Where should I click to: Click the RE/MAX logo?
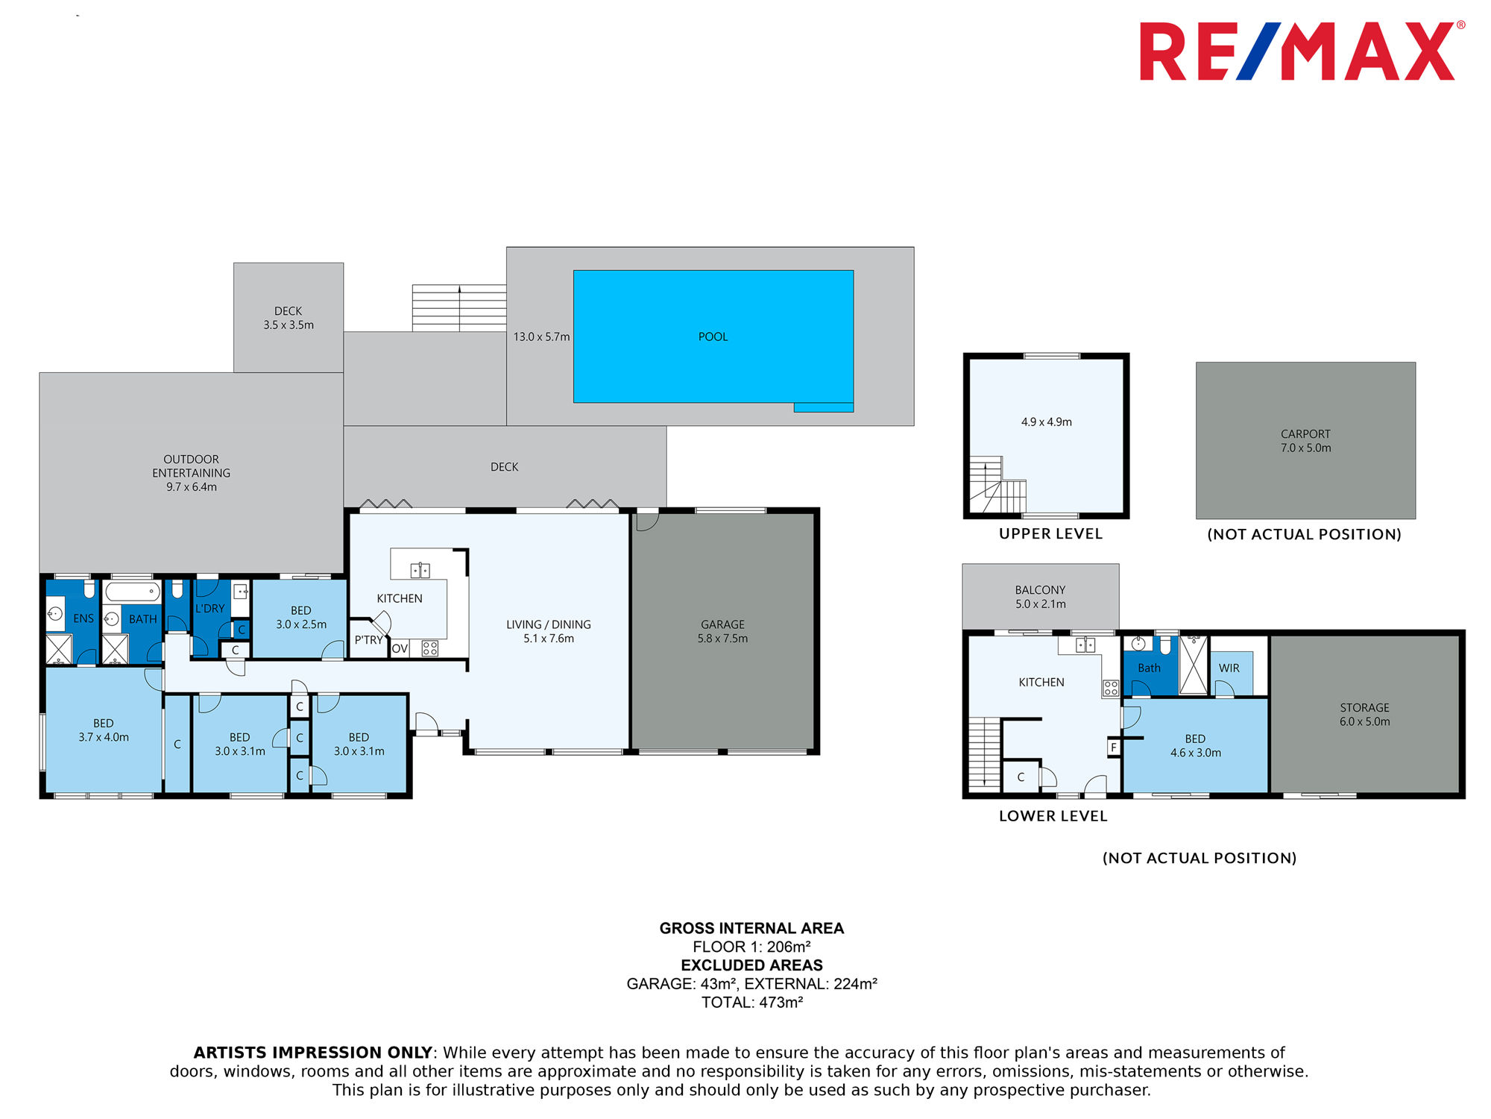[x=1302, y=51]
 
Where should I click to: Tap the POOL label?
[x=713, y=337]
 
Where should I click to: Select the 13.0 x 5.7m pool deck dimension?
[x=541, y=337]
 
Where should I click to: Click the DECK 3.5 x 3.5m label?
[x=289, y=318]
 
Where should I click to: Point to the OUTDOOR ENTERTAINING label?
[x=192, y=466]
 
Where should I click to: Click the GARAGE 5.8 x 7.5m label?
[x=722, y=632]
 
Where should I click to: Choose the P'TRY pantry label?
[x=368, y=640]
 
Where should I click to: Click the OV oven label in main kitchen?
[x=400, y=648]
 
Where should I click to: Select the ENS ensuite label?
[x=83, y=618]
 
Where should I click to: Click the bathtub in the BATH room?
[x=133, y=592]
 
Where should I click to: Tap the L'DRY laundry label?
[x=209, y=609]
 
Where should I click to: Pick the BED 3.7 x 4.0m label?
[x=104, y=730]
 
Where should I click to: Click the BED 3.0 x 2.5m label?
[x=301, y=618]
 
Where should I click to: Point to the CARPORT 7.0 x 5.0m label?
[x=1305, y=441]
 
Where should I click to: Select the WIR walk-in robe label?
[x=1229, y=668]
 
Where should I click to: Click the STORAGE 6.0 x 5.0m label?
[x=1364, y=715]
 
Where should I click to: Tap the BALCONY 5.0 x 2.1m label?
[x=1040, y=597]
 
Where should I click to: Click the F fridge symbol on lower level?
[x=1114, y=747]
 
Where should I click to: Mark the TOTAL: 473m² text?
[x=752, y=1003]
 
